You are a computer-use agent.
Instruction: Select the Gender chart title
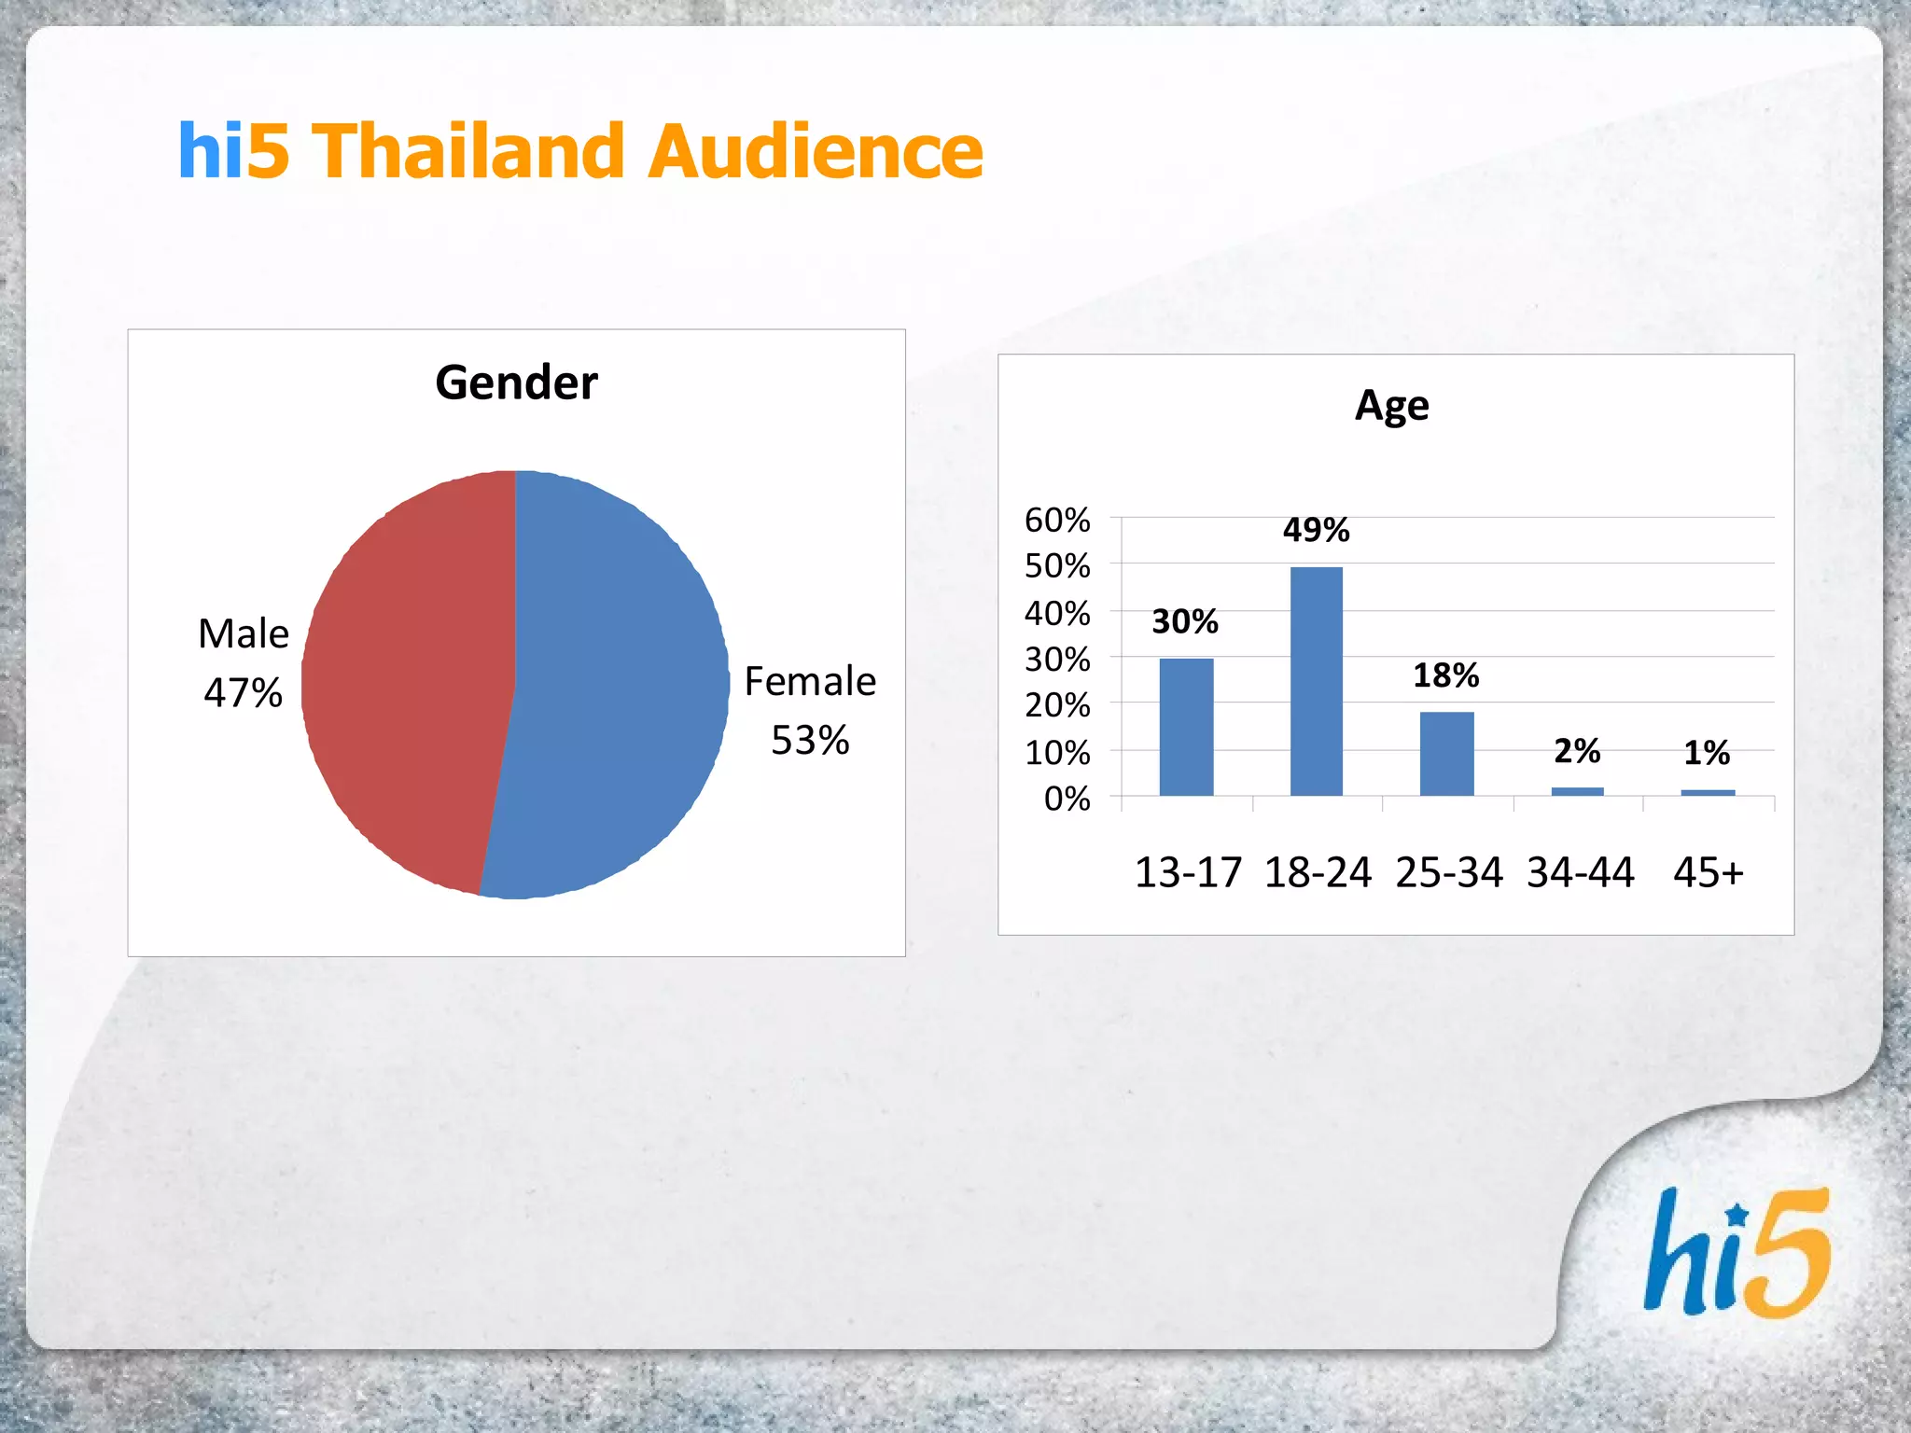click(516, 383)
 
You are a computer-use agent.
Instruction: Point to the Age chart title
click(1391, 406)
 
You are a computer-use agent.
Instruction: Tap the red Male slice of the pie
click(411, 681)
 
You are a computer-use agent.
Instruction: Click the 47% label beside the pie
click(243, 692)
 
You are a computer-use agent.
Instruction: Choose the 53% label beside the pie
click(810, 740)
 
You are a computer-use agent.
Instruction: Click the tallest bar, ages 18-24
click(1316, 681)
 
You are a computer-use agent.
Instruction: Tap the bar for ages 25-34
click(1446, 753)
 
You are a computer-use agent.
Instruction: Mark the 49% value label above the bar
click(1316, 530)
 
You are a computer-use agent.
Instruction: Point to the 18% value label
click(1445, 675)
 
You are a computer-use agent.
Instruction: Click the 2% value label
click(1577, 751)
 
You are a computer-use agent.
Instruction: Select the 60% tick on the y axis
click(1057, 520)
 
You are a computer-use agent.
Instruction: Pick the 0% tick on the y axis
click(1067, 799)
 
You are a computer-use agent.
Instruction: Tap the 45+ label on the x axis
click(1708, 873)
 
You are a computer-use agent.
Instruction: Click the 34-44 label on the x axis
click(1580, 873)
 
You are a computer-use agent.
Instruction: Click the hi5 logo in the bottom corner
click(1737, 1253)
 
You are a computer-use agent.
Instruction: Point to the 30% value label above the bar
click(1185, 621)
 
